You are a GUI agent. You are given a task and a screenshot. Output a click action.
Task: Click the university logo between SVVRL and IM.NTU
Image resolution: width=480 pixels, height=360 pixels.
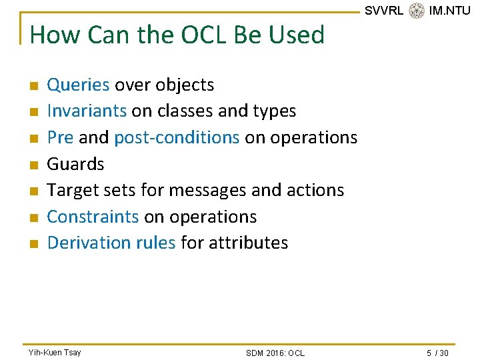[417, 10]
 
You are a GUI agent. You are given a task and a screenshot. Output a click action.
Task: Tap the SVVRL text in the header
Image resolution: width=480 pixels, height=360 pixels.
[384, 10]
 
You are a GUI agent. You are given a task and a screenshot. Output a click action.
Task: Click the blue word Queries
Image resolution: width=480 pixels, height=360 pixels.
[78, 85]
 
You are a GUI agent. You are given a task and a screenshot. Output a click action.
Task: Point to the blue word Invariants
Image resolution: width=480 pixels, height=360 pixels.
[87, 111]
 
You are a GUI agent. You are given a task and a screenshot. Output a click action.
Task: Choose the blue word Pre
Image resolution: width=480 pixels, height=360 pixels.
[60, 137]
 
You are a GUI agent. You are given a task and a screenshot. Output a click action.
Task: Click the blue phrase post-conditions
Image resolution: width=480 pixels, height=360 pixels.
[177, 137]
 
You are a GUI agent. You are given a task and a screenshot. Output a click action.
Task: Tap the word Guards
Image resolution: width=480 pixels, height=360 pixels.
[75, 163]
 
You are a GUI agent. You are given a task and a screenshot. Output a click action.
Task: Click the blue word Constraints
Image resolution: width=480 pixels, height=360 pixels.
[93, 217]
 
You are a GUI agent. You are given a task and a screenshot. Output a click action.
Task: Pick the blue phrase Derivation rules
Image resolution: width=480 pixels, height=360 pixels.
[111, 243]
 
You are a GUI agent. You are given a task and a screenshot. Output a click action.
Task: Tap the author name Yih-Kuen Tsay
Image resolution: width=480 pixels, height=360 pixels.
[54, 352]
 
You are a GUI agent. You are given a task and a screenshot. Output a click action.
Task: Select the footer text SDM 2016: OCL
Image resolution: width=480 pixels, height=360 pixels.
[275, 353]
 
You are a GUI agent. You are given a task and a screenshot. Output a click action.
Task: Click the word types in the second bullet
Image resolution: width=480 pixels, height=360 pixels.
[274, 111]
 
